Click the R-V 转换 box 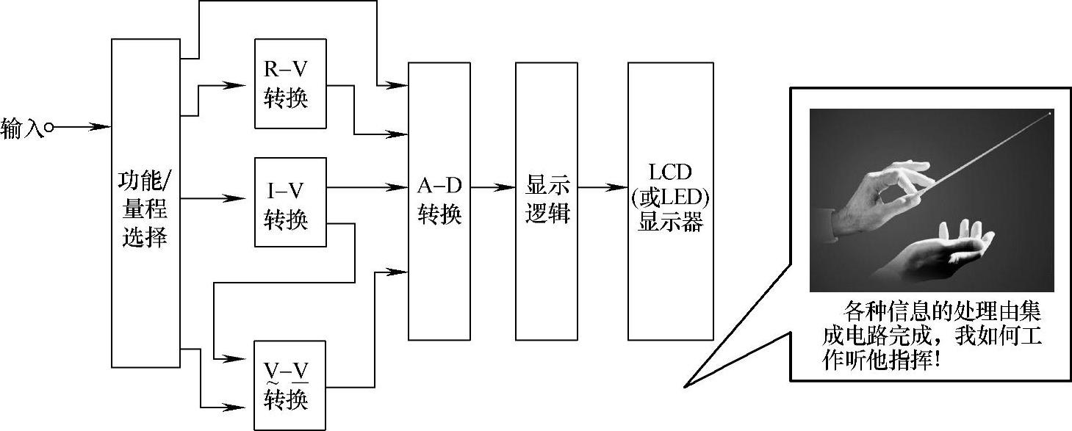click(289, 84)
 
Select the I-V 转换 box click(289, 203)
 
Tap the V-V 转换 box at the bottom click(289, 385)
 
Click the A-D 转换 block click(439, 201)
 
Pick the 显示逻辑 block click(547, 201)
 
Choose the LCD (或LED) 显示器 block click(670, 201)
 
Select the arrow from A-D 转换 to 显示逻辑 click(493, 187)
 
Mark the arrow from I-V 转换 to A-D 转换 click(367, 187)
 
